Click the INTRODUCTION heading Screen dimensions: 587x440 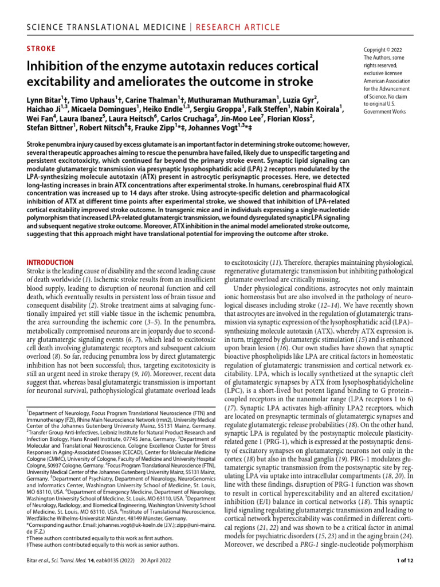click(50, 262)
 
